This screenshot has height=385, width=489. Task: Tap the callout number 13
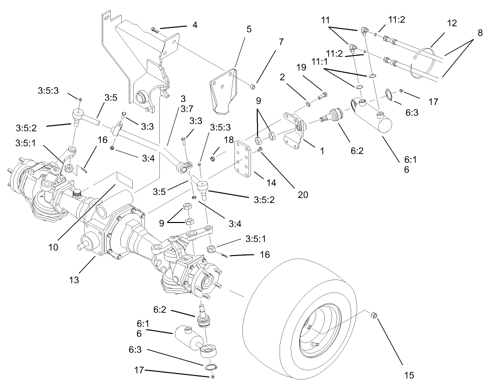[74, 280]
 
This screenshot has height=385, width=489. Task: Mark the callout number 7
[281, 42]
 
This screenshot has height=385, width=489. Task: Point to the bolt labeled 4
[154, 30]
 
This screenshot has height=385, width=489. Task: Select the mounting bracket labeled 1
[292, 129]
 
